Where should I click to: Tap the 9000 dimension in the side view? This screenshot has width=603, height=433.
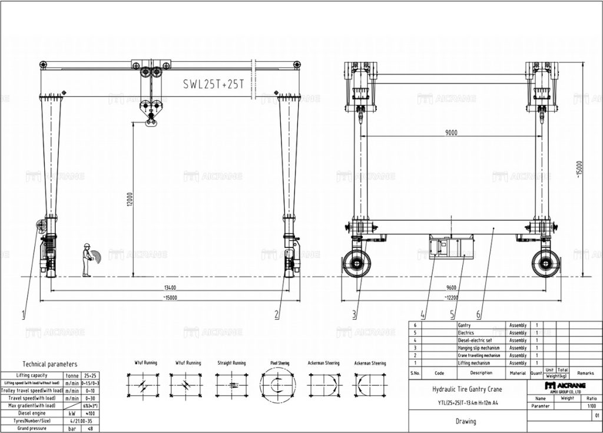coord(450,133)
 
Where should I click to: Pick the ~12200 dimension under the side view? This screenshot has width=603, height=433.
coord(451,298)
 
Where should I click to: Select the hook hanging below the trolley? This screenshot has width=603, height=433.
coord(151,121)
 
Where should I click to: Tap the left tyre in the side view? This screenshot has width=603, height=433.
coord(357,263)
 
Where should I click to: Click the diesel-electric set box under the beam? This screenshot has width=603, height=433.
coord(452,246)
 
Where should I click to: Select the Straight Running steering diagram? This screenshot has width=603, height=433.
coord(231,385)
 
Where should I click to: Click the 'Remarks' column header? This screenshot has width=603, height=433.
coord(585,373)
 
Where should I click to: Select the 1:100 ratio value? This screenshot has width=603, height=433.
coord(591,405)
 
